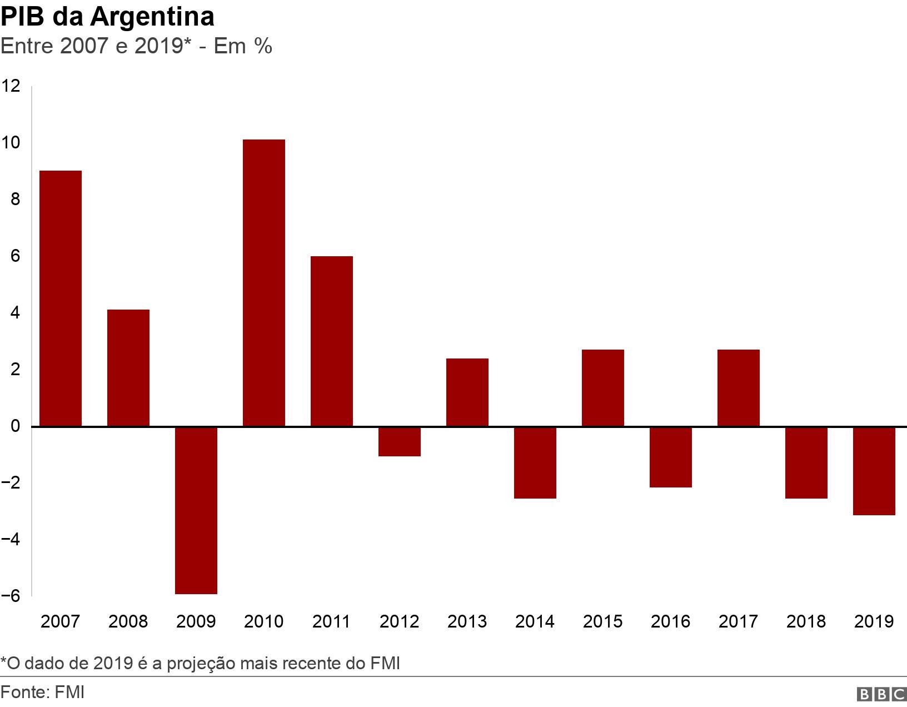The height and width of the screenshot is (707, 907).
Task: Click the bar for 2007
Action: click(x=61, y=298)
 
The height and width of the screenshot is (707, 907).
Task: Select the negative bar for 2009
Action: click(x=196, y=510)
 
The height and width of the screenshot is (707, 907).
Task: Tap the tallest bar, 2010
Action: click(x=264, y=283)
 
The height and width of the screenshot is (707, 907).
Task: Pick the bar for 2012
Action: click(x=400, y=441)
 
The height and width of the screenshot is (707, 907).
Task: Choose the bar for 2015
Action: click(x=603, y=388)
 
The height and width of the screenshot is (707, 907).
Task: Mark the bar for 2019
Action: click(x=874, y=471)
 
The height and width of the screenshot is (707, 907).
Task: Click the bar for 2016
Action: click(x=671, y=457)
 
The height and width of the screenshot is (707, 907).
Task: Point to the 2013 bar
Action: click(x=467, y=392)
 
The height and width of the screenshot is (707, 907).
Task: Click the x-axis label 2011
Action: click(x=331, y=621)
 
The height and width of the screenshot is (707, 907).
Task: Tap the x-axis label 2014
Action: click(x=535, y=621)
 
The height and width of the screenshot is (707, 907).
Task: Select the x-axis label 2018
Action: click(x=806, y=621)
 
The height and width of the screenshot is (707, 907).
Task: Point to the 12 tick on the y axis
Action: click(x=11, y=86)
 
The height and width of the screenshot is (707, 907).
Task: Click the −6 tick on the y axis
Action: click(x=11, y=596)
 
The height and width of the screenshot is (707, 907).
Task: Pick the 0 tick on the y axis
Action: click(x=15, y=426)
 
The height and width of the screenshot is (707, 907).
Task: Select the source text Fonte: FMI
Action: click(x=43, y=693)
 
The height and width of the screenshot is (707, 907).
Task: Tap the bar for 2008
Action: click(x=128, y=368)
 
